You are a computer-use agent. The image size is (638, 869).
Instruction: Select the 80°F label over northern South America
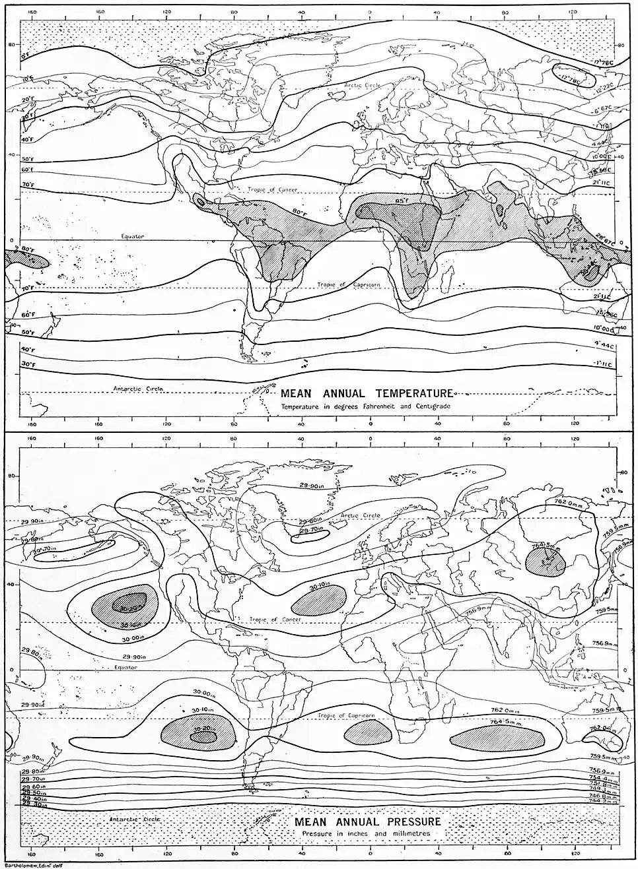coord(300,212)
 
